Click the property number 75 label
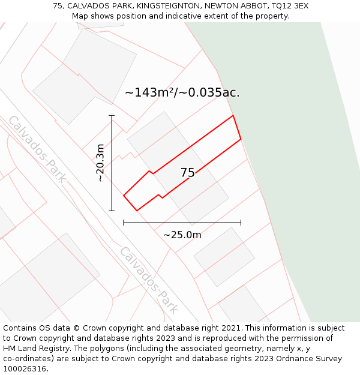pos(188,173)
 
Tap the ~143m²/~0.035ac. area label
pos(182,93)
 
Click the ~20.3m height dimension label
pos(100,163)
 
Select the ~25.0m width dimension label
pos(182,235)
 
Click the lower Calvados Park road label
pos(149,280)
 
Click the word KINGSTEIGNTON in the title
pos(169,5)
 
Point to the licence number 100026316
pos(25,369)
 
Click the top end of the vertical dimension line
pos(112,115)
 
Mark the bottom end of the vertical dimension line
pos(112,211)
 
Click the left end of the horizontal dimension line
pos(124,223)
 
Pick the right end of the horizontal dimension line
pos(241,223)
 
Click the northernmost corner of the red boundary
pos(233,116)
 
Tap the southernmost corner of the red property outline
pos(137,211)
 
